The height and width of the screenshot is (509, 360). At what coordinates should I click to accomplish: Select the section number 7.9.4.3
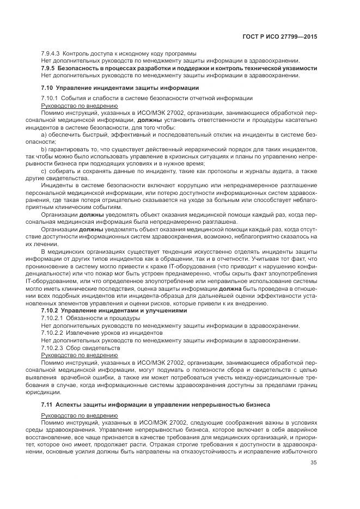coord(51,54)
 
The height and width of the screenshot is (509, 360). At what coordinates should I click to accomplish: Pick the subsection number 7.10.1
coord(51,98)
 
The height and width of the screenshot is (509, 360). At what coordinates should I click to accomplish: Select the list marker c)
coord(44,171)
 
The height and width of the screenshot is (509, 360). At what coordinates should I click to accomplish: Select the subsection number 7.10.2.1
coord(52,317)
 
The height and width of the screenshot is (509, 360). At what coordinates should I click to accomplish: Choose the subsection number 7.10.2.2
coord(52,333)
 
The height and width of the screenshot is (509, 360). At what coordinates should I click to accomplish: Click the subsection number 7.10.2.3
coord(52,347)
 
